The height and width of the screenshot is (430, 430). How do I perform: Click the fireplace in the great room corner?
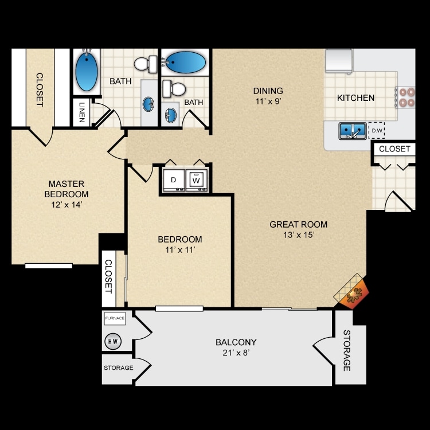[352, 292]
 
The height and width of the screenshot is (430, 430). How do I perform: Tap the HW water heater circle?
[113, 341]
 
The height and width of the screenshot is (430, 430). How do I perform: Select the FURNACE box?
[115, 318]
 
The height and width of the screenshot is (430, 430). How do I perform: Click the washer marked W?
[196, 180]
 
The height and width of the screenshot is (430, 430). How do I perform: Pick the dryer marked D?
[174, 180]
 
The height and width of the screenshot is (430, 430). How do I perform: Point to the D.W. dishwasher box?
[377, 130]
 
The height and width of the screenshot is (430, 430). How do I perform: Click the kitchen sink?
[353, 131]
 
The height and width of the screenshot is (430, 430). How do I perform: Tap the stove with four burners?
[405, 97]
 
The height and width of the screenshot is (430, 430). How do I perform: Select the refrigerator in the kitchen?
[339, 61]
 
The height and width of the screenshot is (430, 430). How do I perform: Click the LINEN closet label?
[82, 112]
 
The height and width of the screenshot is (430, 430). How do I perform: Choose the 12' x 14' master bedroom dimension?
[67, 205]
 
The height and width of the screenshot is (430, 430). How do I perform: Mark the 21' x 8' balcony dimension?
[236, 353]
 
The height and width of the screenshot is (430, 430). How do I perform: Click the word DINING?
[268, 91]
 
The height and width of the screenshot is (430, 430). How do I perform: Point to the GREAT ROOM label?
[298, 224]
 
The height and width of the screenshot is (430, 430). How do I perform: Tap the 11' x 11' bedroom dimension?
[180, 250]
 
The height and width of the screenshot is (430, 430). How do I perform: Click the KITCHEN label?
[355, 98]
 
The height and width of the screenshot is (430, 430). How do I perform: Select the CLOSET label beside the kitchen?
[394, 149]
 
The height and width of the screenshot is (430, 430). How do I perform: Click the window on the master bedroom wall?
[49, 265]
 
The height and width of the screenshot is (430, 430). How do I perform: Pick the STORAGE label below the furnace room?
[119, 368]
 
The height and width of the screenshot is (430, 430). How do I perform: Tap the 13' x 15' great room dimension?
[299, 234]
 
